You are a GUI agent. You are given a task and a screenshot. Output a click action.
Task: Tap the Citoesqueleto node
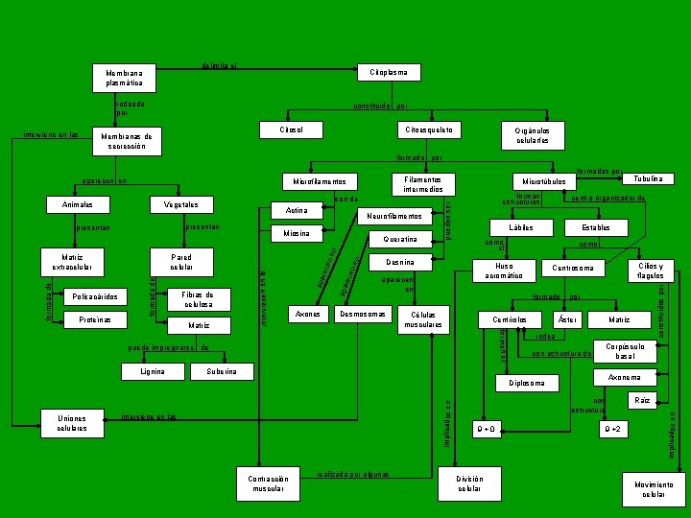click(430, 129)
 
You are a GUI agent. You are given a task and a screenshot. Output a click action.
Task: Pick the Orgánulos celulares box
click(531, 135)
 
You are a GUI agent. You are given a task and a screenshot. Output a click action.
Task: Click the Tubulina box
click(649, 178)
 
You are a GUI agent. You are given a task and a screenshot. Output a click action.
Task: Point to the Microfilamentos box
click(319, 181)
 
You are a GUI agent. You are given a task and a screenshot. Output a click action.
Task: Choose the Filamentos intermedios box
click(423, 183)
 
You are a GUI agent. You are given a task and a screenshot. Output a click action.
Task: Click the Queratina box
click(399, 239)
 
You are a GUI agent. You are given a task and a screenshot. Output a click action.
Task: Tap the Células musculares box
click(424, 319)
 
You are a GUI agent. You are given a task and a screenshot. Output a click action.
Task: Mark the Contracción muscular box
click(269, 484)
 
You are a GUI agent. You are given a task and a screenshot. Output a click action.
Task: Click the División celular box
click(469, 484)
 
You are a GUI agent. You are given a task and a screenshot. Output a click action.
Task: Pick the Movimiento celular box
click(654, 489)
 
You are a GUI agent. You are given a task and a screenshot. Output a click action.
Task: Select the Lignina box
click(153, 371)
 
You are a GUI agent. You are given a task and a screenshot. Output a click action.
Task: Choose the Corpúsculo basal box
click(625, 351)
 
